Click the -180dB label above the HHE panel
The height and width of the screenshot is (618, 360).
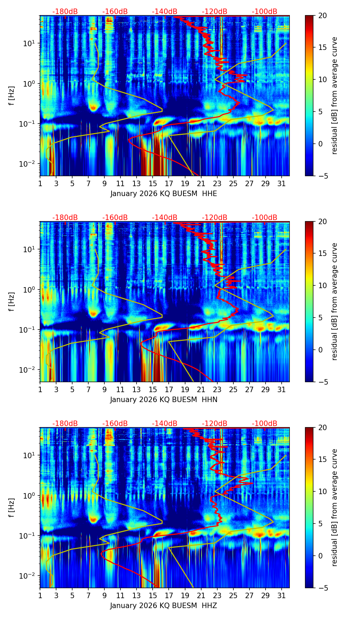pos(65,12)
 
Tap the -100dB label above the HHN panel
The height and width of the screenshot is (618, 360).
pos(265,218)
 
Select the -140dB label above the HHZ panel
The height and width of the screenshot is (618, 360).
pos(165,424)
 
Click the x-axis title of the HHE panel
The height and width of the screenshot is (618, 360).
pos(164,194)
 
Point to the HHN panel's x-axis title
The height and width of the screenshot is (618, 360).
pos(164,400)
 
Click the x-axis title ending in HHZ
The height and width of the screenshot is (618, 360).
pos(164,606)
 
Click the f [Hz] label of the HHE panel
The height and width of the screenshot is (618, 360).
pos(12,96)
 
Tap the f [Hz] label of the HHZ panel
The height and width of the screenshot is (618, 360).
pos(12,508)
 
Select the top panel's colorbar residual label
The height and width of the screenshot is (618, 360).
pos(335,96)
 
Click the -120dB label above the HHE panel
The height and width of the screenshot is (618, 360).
pos(215,12)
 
